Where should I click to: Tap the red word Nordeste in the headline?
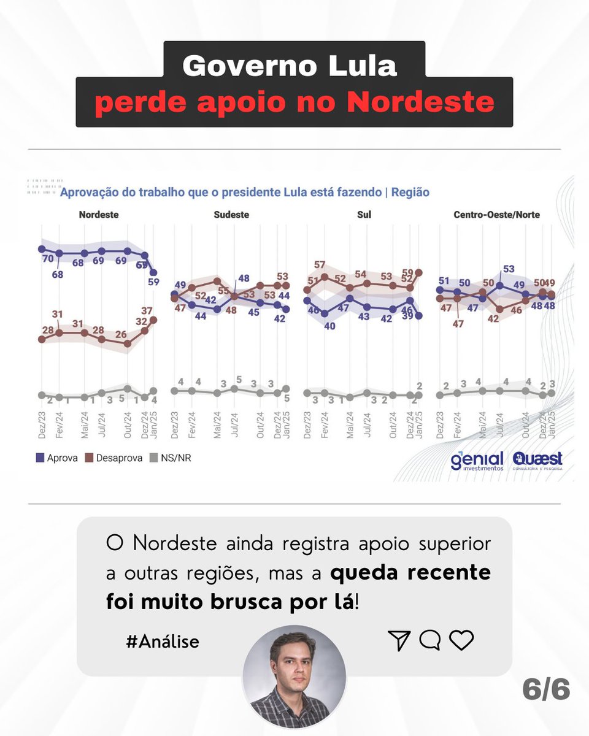[x=421, y=102]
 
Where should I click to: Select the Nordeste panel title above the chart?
[x=99, y=215]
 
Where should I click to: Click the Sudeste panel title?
[x=231, y=215]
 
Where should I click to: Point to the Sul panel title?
[x=364, y=215]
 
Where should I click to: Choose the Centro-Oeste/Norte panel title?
[x=497, y=215]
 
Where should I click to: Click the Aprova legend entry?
[x=57, y=458]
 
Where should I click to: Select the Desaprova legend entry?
[x=114, y=458]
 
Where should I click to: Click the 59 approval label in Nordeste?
[x=153, y=283]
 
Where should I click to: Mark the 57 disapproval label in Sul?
[x=320, y=265]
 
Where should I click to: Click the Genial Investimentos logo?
[x=477, y=461]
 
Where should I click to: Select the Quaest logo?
[x=537, y=460]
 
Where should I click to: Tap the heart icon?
[x=461, y=640]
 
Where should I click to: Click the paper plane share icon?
[x=399, y=640]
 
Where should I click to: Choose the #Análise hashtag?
[x=162, y=642]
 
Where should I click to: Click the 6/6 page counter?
[x=546, y=690]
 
